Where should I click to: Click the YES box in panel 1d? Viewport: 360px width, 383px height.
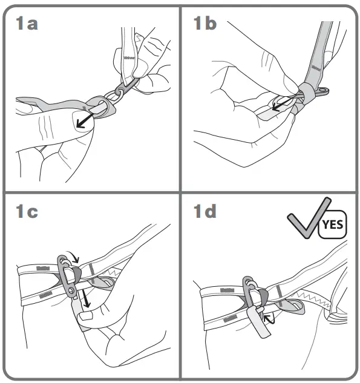click(x=332, y=225)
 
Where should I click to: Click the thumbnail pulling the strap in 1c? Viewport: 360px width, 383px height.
click(x=84, y=314)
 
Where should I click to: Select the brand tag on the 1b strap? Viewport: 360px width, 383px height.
click(x=315, y=61)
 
